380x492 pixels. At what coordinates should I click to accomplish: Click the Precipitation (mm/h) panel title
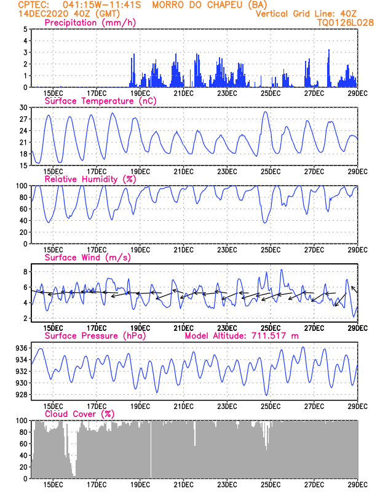(x=90, y=23)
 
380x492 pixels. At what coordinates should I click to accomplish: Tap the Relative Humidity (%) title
(x=90, y=179)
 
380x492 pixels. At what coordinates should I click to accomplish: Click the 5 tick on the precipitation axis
(x=25, y=29)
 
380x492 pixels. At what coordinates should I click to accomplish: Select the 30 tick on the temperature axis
(x=23, y=108)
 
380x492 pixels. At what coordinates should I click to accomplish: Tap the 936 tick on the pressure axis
(x=21, y=348)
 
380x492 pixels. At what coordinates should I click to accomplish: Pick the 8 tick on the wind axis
(x=25, y=271)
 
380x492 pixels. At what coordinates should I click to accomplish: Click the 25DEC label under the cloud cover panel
(x=270, y=485)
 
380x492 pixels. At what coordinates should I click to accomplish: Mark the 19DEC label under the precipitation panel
(x=140, y=93)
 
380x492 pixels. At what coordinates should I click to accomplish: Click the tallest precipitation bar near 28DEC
(x=329, y=50)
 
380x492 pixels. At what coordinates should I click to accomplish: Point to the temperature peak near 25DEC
(x=265, y=112)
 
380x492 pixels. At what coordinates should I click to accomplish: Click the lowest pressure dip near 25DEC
(x=267, y=395)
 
